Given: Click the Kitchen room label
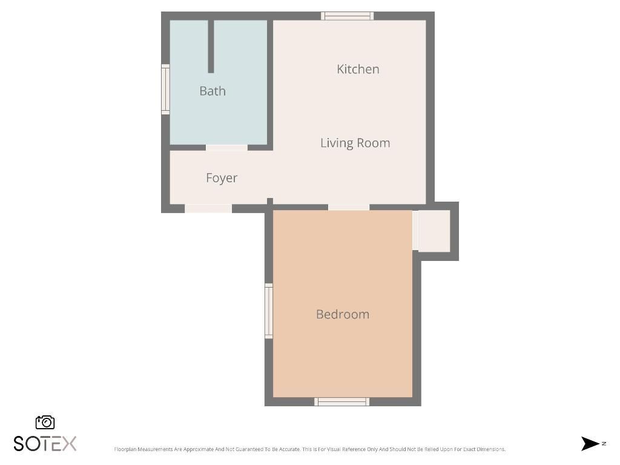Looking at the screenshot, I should pyautogui.click(x=358, y=69).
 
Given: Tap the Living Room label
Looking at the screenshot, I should pyautogui.click(x=355, y=143).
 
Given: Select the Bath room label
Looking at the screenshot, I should pyautogui.click(x=213, y=91).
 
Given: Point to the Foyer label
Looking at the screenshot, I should pyautogui.click(x=222, y=178).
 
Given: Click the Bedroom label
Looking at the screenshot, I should pyautogui.click(x=343, y=314).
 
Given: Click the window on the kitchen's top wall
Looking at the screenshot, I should pyautogui.click(x=347, y=16).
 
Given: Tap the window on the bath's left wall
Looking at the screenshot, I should pyautogui.click(x=165, y=89).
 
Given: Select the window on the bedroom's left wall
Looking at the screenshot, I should pyautogui.click(x=269, y=311).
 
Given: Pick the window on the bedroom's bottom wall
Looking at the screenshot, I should pyautogui.click(x=342, y=401).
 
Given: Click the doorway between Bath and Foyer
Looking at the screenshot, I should pyautogui.click(x=227, y=147).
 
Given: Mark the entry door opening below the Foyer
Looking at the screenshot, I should pyautogui.click(x=208, y=208).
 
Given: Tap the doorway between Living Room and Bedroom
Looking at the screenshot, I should pyautogui.click(x=349, y=207).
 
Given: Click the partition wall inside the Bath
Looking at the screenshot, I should pyautogui.click(x=211, y=47).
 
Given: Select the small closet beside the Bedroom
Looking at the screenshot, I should pyautogui.click(x=434, y=231).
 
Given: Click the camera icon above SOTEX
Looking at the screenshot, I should pyautogui.click(x=45, y=422).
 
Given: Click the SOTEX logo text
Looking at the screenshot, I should pyautogui.click(x=45, y=444).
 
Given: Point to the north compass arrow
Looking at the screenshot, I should pyautogui.click(x=590, y=444).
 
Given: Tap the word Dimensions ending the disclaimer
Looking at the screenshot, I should pyautogui.click(x=491, y=449).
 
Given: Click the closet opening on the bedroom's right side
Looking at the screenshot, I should pyautogui.click(x=415, y=230).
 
